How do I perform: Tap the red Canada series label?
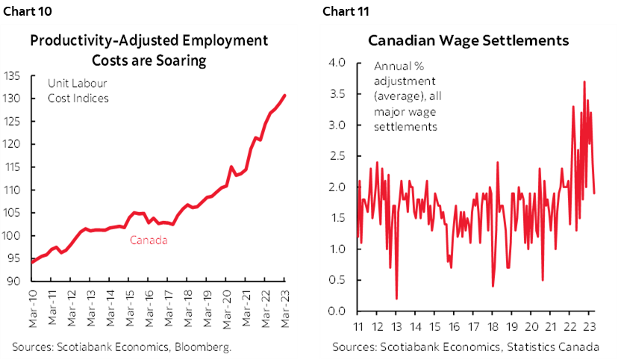pyautogui.click(x=149, y=240)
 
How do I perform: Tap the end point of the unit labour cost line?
pyautogui.click(x=284, y=95)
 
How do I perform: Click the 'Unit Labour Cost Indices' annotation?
pyautogui.click(x=78, y=91)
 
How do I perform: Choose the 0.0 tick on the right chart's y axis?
pyautogui.click(x=337, y=311)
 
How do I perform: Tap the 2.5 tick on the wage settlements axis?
pyautogui.click(x=337, y=156)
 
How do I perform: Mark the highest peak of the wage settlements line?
pyautogui.click(x=584, y=81)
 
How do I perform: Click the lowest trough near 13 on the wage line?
pyautogui.click(x=396, y=299)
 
